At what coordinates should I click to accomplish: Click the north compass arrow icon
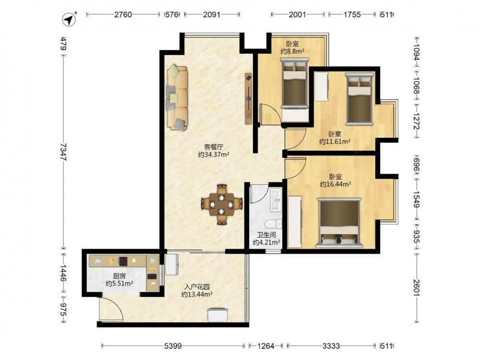[69, 20]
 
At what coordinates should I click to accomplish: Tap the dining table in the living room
[222, 204]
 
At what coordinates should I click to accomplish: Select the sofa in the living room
[177, 97]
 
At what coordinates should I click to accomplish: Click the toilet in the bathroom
[274, 224]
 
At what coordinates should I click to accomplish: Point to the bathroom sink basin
[276, 200]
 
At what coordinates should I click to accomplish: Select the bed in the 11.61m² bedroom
[360, 98]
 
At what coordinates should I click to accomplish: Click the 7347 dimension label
[63, 152]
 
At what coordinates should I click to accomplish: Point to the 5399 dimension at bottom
[173, 346]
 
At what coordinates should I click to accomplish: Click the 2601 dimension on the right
[416, 288]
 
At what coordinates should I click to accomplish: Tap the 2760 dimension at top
[123, 14]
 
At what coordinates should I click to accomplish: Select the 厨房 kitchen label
[119, 276]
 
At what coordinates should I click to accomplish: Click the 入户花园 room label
[197, 287]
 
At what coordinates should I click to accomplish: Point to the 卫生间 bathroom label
[266, 235]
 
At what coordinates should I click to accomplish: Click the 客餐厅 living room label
[214, 147]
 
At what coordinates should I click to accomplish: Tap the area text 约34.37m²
[214, 155]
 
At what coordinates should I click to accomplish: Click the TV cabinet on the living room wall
[249, 98]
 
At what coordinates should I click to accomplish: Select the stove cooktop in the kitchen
[123, 261]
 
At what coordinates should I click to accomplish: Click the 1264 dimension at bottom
[266, 346]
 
